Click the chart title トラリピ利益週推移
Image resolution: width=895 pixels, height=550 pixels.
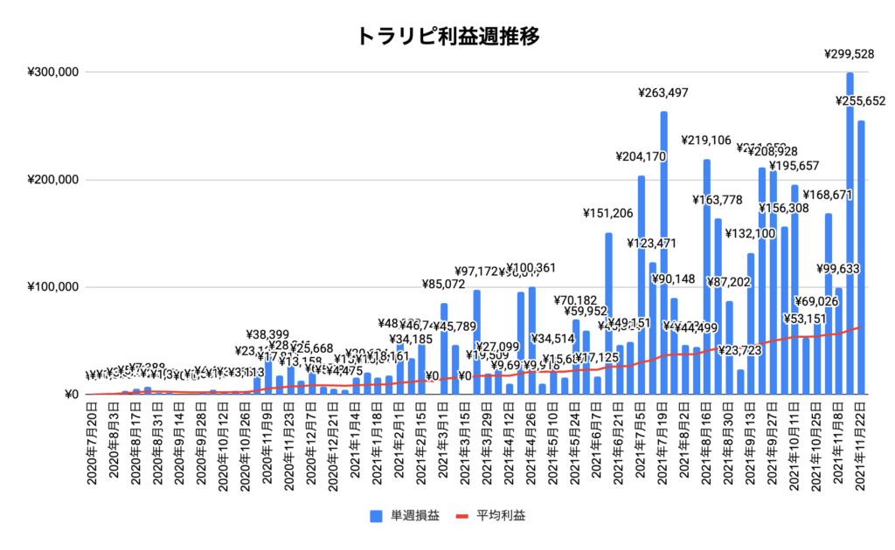[447, 37]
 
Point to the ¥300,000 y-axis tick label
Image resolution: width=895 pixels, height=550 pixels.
[52, 72]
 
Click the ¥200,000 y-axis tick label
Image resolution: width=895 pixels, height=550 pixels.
[52, 180]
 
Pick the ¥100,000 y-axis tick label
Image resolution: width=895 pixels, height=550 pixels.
[52, 287]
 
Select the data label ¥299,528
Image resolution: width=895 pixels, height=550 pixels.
[850, 54]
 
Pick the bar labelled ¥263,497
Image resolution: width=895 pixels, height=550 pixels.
[663, 253]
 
